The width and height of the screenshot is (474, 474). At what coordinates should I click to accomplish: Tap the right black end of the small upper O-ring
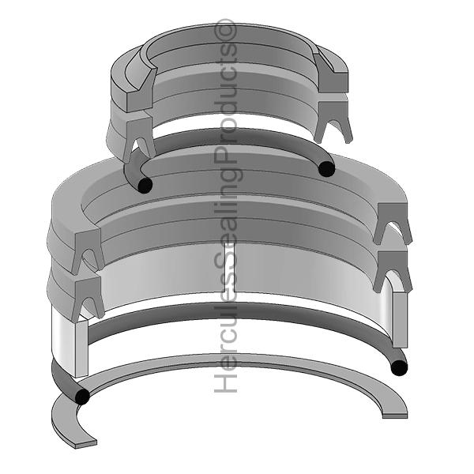pyautogui.click(x=325, y=168)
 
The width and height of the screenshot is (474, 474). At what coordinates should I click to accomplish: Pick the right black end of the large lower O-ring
pyautogui.click(x=399, y=367)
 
